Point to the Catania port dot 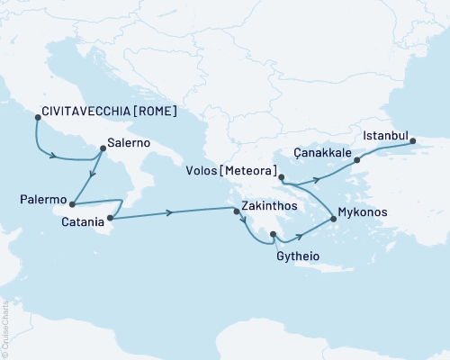click(x=110, y=217)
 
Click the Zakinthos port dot click(x=236, y=211)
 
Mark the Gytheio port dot click(x=272, y=237)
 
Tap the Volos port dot click(x=282, y=177)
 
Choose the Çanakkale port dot click(x=356, y=160)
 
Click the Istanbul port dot click(x=413, y=139)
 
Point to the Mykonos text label click(x=363, y=216)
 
